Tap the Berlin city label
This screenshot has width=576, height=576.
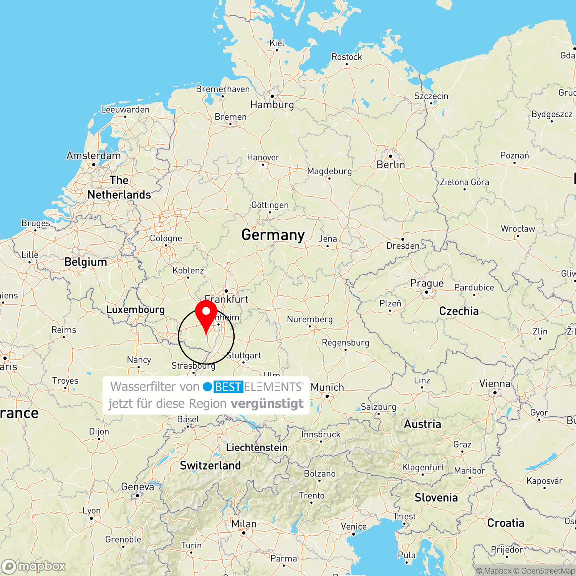pyautogui.click(x=391, y=165)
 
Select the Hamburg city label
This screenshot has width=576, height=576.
pyautogui.click(x=272, y=104)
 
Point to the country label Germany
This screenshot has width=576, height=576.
pyautogui.click(x=273, y=235)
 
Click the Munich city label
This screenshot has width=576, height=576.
pyautogui.click(x=327, y=387)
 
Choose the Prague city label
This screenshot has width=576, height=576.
pyautogui.click(x=427, y=283)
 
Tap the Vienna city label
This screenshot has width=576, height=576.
pyautogui.click(x=495, y=384)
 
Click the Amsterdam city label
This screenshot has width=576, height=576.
pyautogui.click(x=93, y=156)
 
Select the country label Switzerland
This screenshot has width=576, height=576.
pyautogui.click(x=210, y=465)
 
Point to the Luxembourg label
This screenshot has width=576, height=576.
pyautogui.click(x=135, y=310)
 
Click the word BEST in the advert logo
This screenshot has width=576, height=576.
pyautogui.click(x=228, y=387)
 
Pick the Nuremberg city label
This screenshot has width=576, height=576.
pyautogui.click(x=310, y=319)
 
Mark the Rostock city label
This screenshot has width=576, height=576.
pyautogui.click(x=346, y=57)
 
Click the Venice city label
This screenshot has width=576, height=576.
pyautogui.click(x=354, y=526)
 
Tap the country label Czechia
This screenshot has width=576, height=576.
pyautogui.click(x=458, y=311)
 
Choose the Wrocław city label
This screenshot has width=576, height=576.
pyautogui.click(x=518, y=229)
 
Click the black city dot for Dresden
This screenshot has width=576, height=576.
pyautogui.click(x=402, y=239)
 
